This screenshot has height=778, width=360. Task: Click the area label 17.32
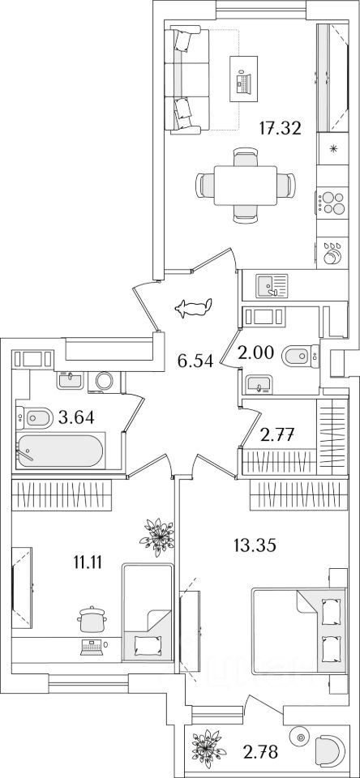click(281, 129)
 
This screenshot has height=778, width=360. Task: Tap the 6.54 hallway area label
click(195, 361)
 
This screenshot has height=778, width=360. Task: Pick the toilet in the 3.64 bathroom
click(35, 417)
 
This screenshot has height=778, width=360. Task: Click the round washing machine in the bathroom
click(105, 381)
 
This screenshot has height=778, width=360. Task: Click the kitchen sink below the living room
click(272, 286)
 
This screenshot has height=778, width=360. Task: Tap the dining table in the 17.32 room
click(246, 186)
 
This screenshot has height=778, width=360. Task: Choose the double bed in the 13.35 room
click(298, 631)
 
